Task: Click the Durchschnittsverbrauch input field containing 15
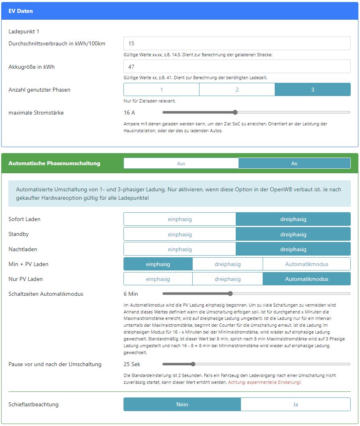[237, 43]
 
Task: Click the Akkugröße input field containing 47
[237, 66]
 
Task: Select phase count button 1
[161, 90]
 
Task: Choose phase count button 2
[237, 90]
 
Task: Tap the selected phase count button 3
[313, 90]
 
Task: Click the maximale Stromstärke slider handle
[235, 113]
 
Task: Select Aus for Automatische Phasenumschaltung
[181, 163]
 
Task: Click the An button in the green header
[294, 163]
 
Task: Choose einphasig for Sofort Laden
[180, 219]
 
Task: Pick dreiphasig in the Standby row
[293, 234]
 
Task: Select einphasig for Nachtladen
[180, 249]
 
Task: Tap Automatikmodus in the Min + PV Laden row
[307, 264]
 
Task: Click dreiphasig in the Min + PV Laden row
[228, 264]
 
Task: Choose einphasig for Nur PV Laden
[158, 279]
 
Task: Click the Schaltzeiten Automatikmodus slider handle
[230, 294]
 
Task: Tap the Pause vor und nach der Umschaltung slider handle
[193, 364]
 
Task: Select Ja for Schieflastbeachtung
[296, 404]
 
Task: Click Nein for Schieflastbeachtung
[182, 404]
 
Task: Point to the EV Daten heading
[21, 11]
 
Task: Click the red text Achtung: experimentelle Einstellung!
[264, 382]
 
